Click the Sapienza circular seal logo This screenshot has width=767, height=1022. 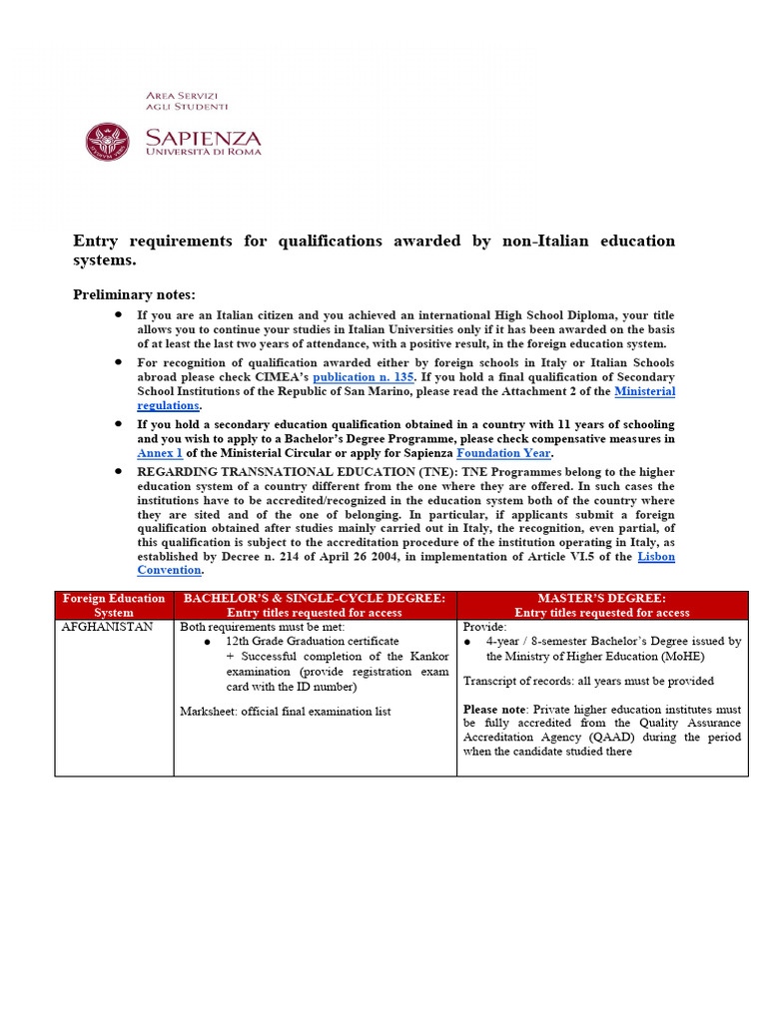pyautogui.click(x=107, y=142)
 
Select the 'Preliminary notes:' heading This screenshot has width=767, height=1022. pyautogui.click(x=135, y=294)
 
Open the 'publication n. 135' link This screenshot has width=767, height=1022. pyautogui.click(x=364, y=377)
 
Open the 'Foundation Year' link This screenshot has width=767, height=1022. pyautogui.click(x=503, y=452)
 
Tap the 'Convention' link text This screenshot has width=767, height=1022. pyautogui.click(x=169, y=570)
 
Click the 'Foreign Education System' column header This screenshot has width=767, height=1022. pyautogui.click(x=114, y=605)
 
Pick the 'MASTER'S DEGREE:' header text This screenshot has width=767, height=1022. pyautogui.click(x=601, y=598)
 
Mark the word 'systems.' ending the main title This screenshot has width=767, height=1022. pyautogui.click(x=105, y=259)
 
